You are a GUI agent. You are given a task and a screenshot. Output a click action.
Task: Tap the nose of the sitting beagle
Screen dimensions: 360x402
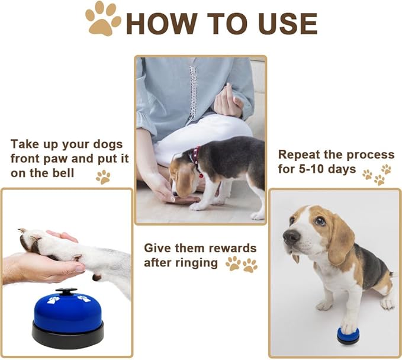(x=290, y=236)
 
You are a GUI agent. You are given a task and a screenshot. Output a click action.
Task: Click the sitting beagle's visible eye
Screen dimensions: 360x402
(x=319, y=220)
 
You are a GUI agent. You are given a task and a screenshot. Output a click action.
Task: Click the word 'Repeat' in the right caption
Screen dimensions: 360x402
(x=300, y=155)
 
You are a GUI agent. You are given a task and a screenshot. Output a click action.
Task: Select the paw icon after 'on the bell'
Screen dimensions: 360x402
(x=103, y=176)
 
